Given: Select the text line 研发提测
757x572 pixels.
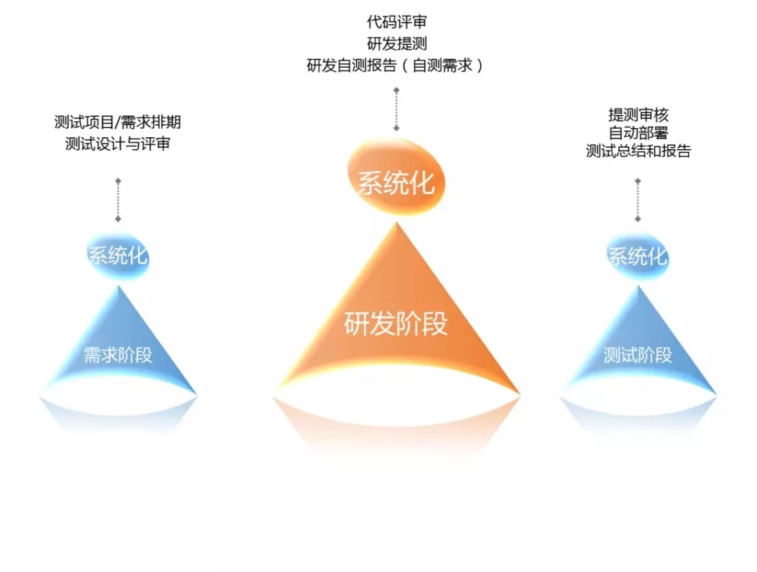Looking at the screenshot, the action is pyautogui.click(x=396, y=43).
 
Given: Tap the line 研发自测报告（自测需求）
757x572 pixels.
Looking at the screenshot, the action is pyautogui.click(x=396, y=66).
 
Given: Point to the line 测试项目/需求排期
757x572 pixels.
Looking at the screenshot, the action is pyautogui.click(x=118, y=123).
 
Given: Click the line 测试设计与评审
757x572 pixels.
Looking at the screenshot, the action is pyautogui.click(x=118, y=145).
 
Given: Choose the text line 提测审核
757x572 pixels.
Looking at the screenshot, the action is pyautogui.click(x=638, y=115).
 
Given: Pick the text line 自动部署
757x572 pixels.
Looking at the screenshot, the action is pyautogui.click(x=638, y=133).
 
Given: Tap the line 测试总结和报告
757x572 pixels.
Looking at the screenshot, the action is pyautogui.click(x=638, y=151).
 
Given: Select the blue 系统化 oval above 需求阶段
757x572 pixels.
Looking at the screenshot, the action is pyautogui.click(x=118, y=256).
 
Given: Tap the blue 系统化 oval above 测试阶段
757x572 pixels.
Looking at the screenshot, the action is pyautogui.click(x=637, y=256).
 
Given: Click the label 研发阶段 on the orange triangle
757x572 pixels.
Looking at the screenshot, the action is pyautogui.click(x=396, y=325).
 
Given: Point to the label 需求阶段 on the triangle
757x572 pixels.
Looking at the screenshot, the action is pyautogui.click(x=118, y=355).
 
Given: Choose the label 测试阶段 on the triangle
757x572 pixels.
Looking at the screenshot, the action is pyautogui.click(x=637, y=355).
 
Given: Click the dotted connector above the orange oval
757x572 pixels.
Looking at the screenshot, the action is pyautogui.click(x=397, y=109).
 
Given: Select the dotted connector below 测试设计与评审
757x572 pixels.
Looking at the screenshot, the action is pyautogui.click(x=118, y=201).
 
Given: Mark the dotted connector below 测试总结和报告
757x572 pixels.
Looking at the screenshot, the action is pyautogui.click(x=638, y=201).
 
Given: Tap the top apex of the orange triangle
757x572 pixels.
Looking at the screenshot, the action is pyautogui.click(x=397, y=223).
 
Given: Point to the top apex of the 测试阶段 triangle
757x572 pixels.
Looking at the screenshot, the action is pyautogui.click(x=638, y=286).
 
